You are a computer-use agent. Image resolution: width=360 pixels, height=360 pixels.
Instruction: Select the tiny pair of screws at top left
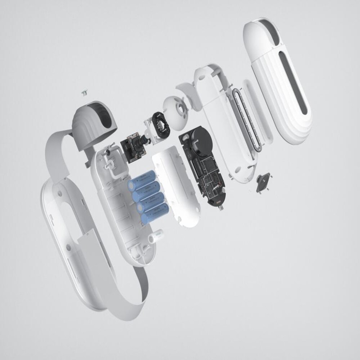83,92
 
